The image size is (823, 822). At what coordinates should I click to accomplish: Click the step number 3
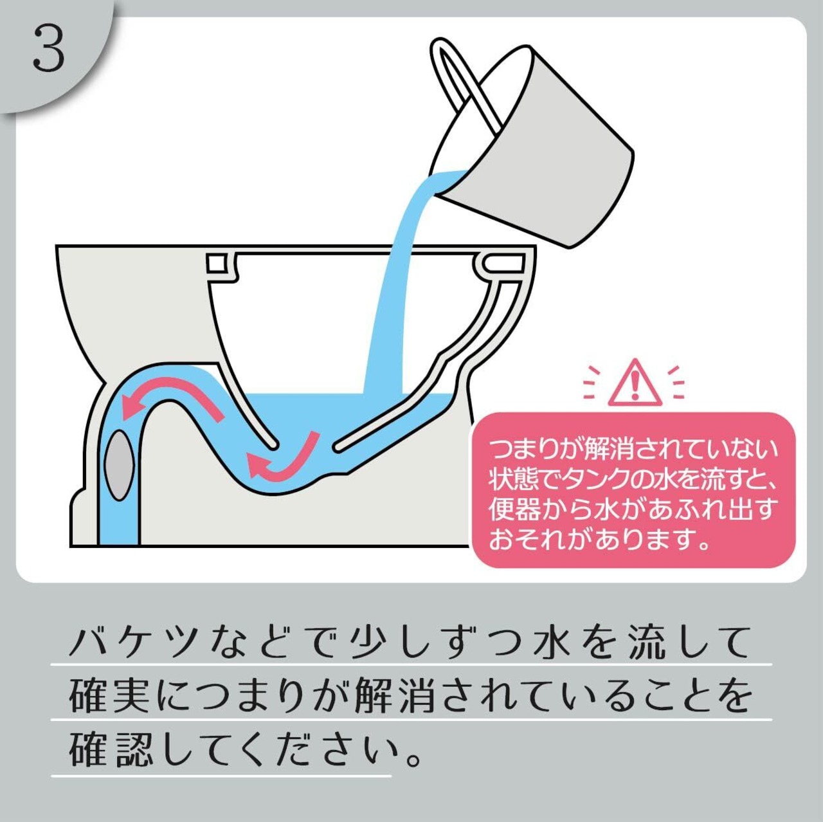tap(49, 48)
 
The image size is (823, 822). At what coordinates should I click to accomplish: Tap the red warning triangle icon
tap(635, 383)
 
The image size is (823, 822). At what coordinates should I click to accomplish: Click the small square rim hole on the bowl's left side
tap(216, 263)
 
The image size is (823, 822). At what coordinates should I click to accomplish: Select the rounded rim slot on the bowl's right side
tap(505, 262)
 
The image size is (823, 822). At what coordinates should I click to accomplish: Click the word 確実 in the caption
tap(109, 697)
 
